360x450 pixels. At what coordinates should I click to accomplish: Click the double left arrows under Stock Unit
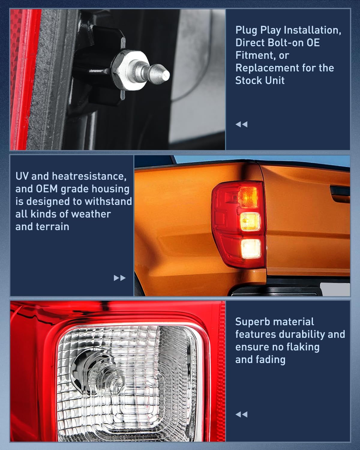[x=241, y=124]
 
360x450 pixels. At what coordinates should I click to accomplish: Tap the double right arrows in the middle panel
[x=120, y=278]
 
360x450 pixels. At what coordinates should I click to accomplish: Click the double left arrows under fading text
[x=241, y=414]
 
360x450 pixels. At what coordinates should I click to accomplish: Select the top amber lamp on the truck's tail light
[x=248, y=196]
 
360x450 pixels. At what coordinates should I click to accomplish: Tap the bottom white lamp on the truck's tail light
[x=251, y=249]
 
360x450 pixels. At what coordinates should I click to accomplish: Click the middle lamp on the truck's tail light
[x=250, y=221]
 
